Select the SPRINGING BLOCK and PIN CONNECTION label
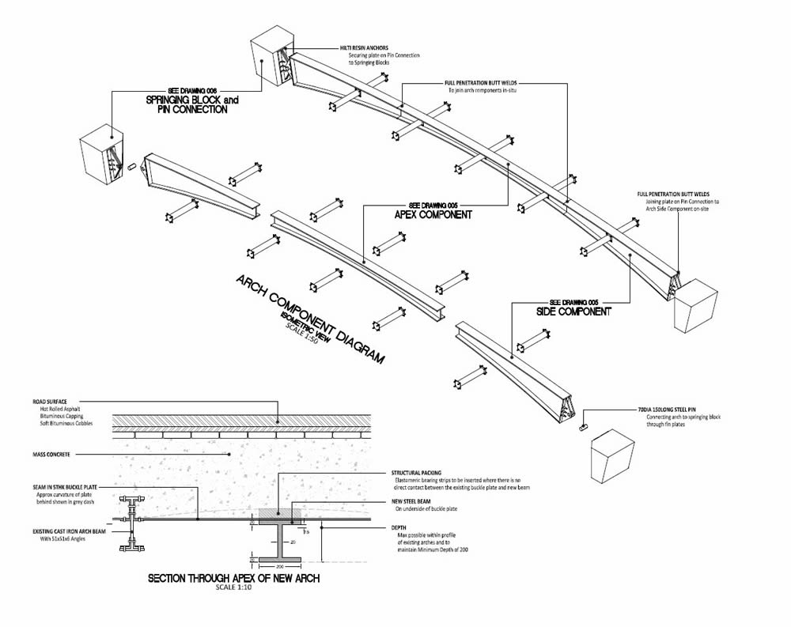(192, 105)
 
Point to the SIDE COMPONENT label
(573, 312)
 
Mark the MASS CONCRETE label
(51, 455)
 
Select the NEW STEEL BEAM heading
(413, 501)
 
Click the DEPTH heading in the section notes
(399, 527)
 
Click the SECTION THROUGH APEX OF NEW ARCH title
(233, 580)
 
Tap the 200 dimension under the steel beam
(279, 566)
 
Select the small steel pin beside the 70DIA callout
(583, 427)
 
